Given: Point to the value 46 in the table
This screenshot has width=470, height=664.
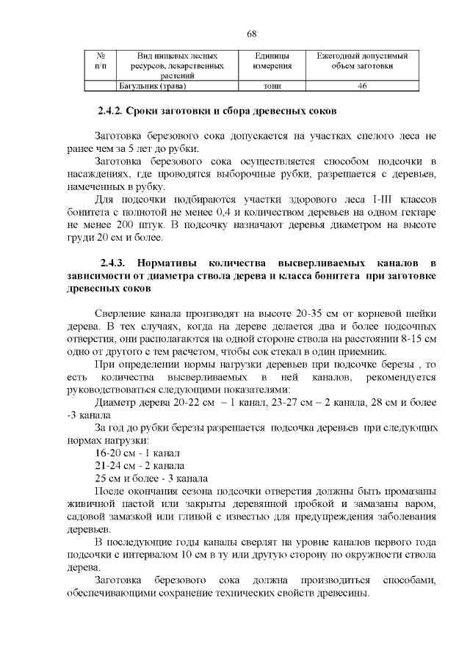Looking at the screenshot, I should point(362,86).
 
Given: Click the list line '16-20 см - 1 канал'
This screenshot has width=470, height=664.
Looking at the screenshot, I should point(137,453).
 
